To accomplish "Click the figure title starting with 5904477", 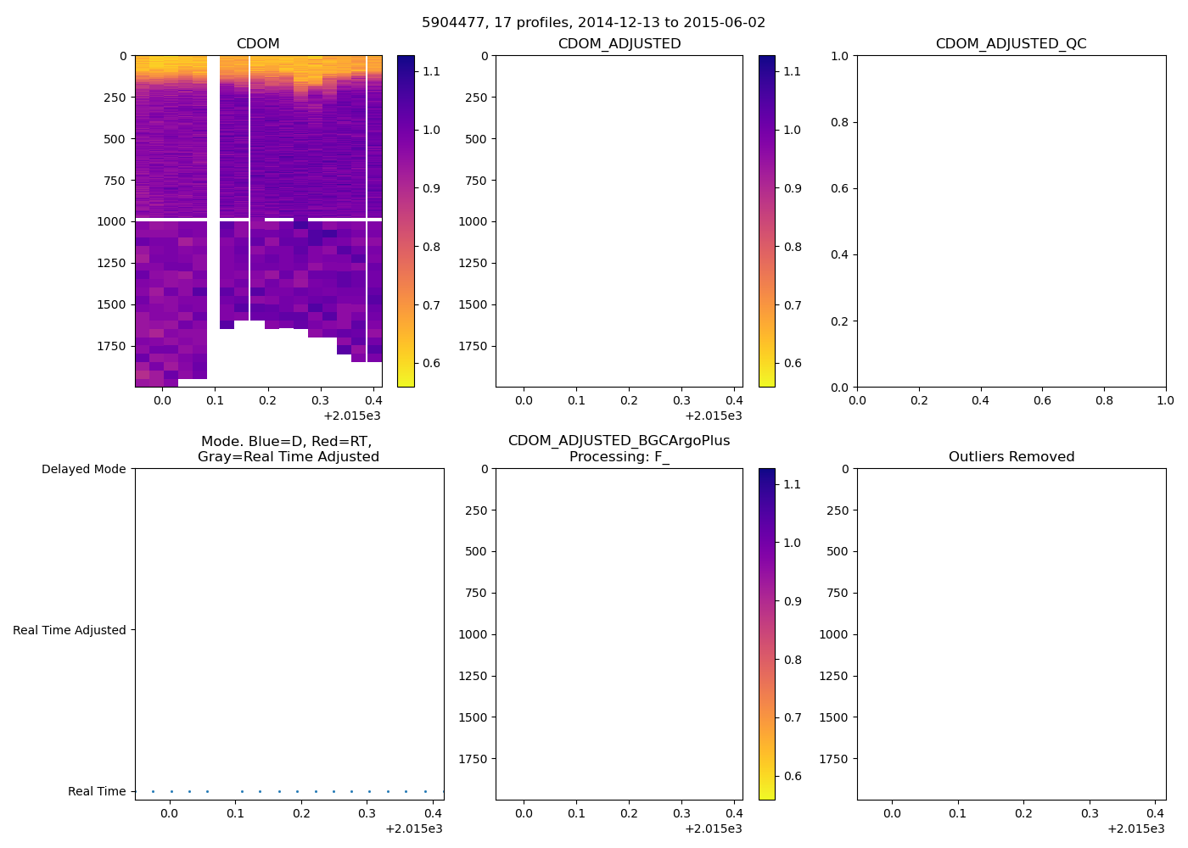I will click(x=593, y=23).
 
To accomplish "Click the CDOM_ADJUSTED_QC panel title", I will click(x=1011, y=44).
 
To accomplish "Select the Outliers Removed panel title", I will click(x=1011, y=457).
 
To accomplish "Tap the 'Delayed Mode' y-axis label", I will click(x=83, y=469).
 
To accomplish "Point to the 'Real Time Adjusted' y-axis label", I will click(x=69, y=630).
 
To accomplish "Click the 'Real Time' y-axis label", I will click(x=97, y=791).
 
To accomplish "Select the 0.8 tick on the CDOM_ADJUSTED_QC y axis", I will click(x=838, y=122).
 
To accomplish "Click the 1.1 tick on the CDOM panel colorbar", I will click(x=431, y=71).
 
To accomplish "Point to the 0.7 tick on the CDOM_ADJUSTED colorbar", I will click(x=792, y=305).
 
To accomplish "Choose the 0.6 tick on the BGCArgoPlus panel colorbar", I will click(x=792, y=776).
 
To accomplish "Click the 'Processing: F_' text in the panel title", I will click(x=619, y=457).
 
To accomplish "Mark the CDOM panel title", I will click(x=258, y=44).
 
